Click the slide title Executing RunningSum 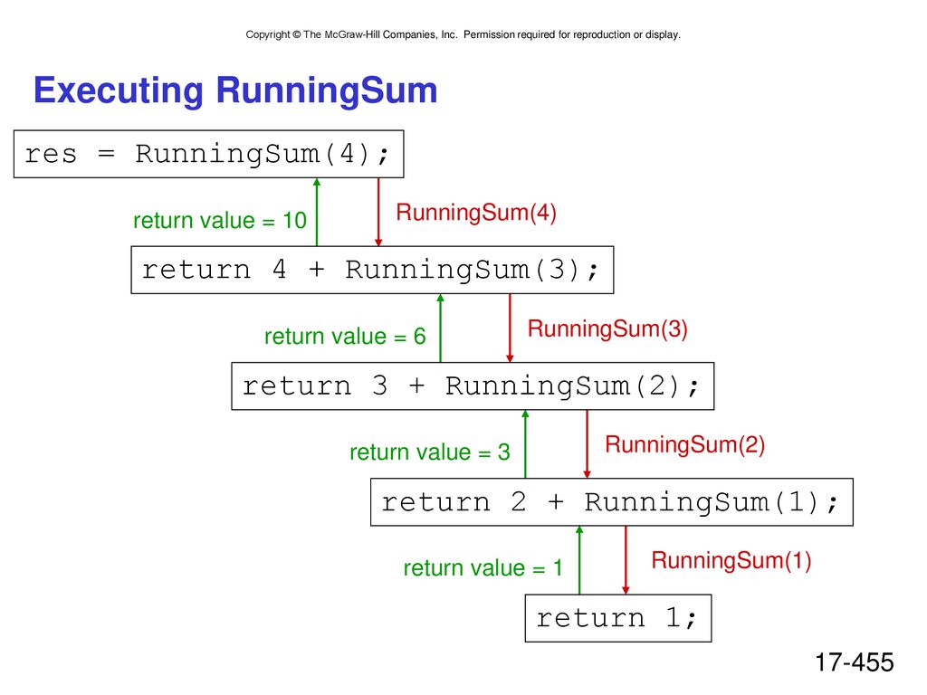(235, 91)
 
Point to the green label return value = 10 (220, 221)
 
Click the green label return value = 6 (345, 337)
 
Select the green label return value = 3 (430, 452)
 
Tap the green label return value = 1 (483, 568)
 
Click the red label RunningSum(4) (476, 212)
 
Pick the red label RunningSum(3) (607, 328)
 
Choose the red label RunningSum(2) (685, 444)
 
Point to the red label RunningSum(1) (731, 560)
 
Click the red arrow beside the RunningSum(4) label (378, 212)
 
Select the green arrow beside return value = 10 (317, 212)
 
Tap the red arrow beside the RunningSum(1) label (626, 560)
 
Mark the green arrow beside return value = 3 (525, 444)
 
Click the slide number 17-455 (855, 662)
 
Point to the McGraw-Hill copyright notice (463, 35)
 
